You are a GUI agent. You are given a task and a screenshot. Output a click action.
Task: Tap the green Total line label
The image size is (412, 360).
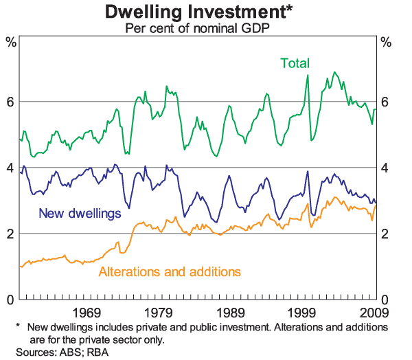point(295,63)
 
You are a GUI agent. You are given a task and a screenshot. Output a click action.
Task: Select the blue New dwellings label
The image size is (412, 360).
point(80,213)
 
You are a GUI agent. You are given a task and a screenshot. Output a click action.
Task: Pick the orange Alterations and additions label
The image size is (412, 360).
point(170,271)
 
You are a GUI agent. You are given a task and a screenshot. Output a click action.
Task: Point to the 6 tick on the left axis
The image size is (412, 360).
point(10,102)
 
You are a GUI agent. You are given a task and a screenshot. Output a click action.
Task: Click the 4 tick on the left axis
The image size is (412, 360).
point(10,168)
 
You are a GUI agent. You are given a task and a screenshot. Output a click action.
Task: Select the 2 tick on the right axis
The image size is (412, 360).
point(385,234)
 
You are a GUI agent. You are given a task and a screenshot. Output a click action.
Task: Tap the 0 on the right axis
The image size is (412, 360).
point(385,300)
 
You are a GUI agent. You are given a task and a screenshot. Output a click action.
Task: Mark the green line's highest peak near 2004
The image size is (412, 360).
point(334,71)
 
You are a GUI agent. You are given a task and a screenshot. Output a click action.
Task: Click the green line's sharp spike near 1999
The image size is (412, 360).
point(308,75)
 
